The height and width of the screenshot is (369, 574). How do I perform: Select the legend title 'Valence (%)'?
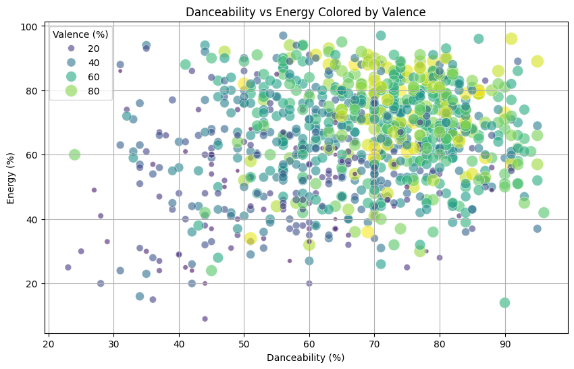click(x=81, y=34)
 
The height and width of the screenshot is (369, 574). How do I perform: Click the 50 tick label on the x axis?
click(x=244, y=343)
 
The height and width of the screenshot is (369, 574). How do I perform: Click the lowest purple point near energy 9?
click(x=205, y=319)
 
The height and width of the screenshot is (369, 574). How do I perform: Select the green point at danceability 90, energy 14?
click(x=504, y=303)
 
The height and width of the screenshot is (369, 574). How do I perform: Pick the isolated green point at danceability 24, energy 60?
click(x=74, y=154)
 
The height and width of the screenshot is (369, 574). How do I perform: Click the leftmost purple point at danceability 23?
click(x=68, y=267)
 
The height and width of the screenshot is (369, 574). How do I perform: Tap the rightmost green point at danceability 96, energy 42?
click(x=544, y=212)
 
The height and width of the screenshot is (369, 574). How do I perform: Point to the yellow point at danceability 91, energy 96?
click(x=511, y=38)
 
